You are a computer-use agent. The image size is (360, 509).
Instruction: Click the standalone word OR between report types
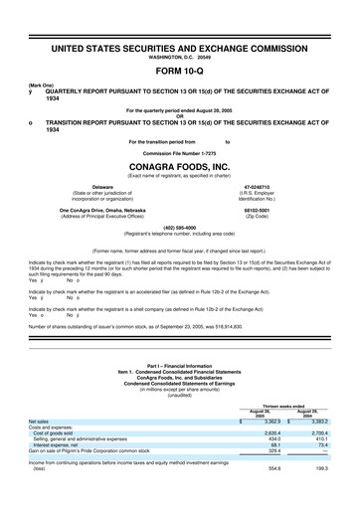tap(179, 111)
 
